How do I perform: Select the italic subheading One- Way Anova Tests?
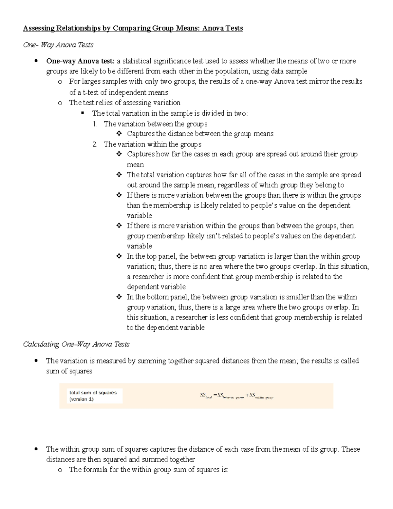(58, 45)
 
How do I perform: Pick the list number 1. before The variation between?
(95, 124)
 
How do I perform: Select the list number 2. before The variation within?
(95, 144)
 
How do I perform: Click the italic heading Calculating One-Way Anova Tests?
(76, 344)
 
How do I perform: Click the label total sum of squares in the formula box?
(93, 393)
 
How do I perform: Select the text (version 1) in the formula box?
(82, 399)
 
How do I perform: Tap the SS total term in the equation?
(206, 396)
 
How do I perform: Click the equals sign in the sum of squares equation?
(215, 395)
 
